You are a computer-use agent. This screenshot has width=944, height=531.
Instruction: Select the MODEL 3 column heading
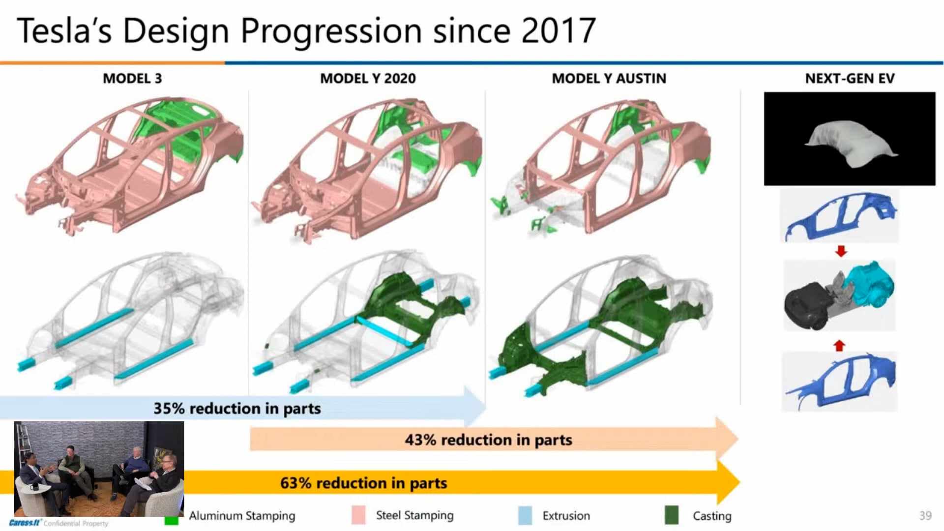(132, 79)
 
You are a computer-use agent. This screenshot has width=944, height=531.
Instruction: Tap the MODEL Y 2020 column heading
(368, 79)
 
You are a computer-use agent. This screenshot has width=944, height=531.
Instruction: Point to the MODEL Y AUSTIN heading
(609, 79)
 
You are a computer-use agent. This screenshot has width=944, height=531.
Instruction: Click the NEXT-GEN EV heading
(850, 79)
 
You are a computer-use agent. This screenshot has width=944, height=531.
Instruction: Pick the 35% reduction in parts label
(237, 409)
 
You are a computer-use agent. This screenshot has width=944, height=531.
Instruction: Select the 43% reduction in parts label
(488, 440)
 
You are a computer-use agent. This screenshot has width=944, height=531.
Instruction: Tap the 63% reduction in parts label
(363, 483)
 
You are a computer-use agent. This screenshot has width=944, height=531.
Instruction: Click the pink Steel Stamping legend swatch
(358, 515)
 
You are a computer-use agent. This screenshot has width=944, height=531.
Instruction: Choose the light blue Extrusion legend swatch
(525, 515)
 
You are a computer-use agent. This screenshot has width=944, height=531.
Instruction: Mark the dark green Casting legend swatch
(671, 515)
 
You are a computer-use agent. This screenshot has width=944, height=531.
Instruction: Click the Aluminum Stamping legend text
(242, 516)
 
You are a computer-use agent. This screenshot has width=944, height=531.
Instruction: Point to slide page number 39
(925, 515)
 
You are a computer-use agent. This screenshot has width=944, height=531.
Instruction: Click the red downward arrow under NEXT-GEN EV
(841, 251)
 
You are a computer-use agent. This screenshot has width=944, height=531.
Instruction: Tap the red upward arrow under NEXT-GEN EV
(839, 346)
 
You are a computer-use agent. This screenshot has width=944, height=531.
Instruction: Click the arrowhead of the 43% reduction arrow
(727, 439)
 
